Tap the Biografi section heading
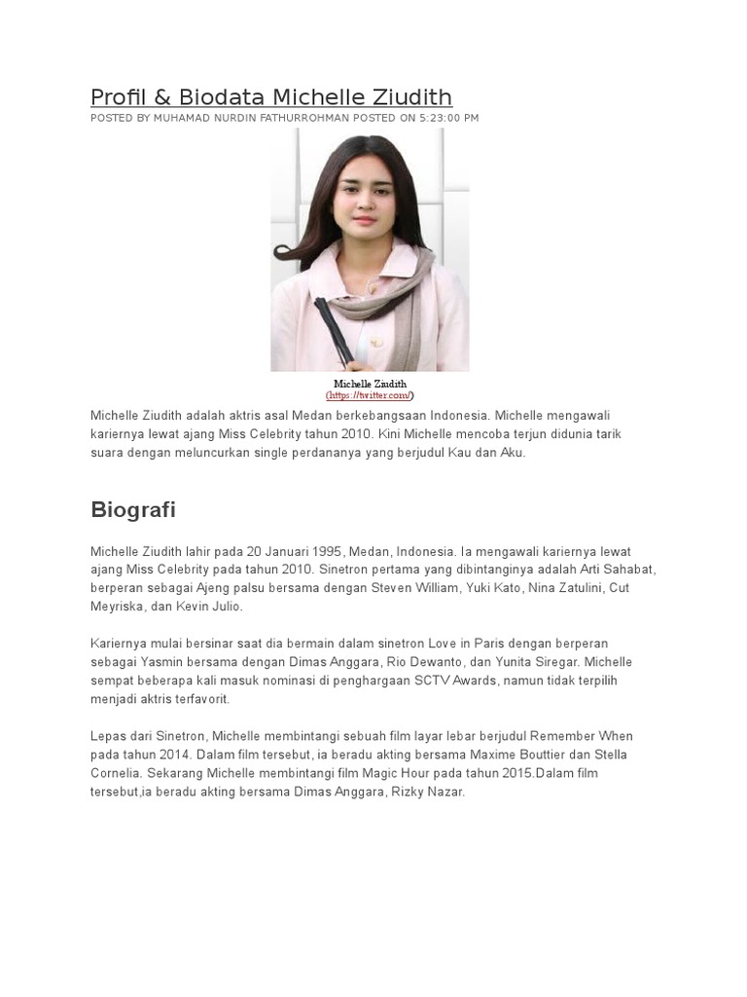point(133,510)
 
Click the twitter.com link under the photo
point(370,395)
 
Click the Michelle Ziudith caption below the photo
point(370,384)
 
